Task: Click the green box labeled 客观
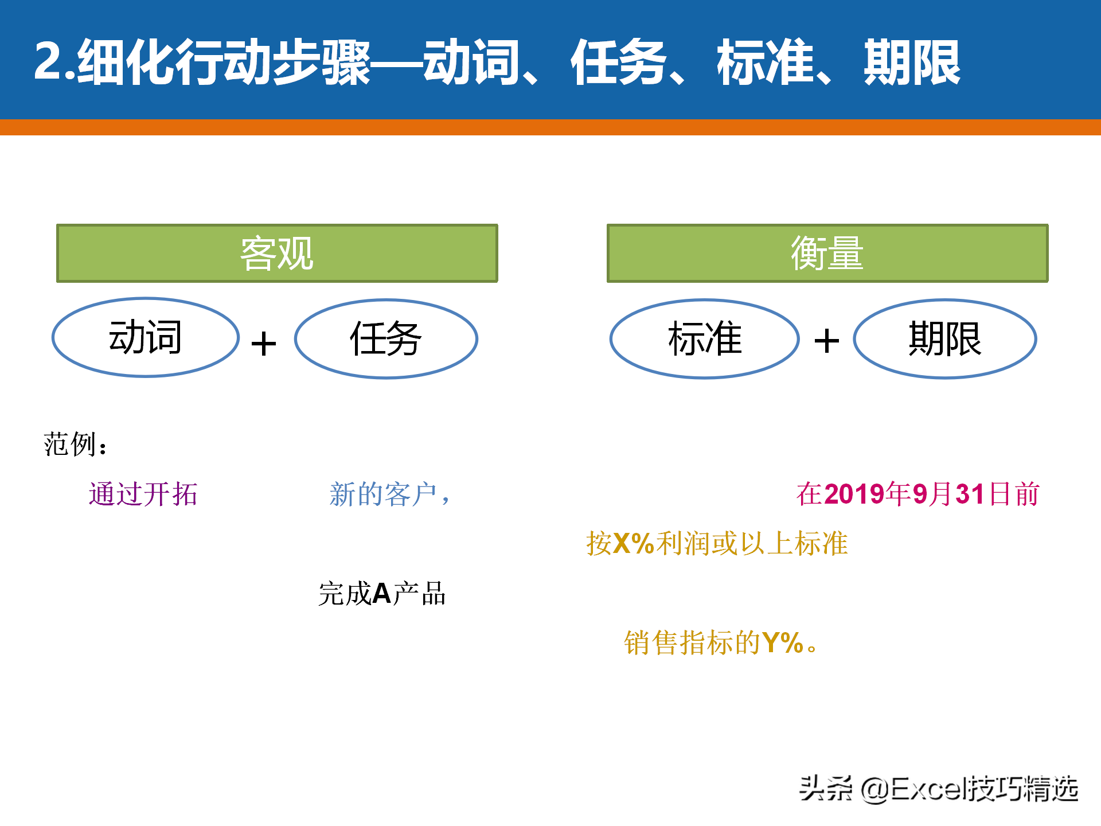coord(277,253)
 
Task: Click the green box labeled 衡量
coord(827,253)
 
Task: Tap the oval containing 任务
coord(386,299)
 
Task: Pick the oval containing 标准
coord(705,299)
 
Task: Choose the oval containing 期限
coord(945,299)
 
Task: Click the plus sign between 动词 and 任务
coord(264,344)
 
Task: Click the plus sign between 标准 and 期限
coord(827,341)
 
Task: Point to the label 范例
coord(69,445)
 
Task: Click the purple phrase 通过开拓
coord(143,494)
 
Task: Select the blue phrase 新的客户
coord(383,494)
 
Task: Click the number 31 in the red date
coord(970,494)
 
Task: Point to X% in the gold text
coord(634,544)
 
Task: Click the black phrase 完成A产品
coord(382,594)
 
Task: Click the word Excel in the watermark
coord(927,789)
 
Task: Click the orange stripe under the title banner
coord(550,127)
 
